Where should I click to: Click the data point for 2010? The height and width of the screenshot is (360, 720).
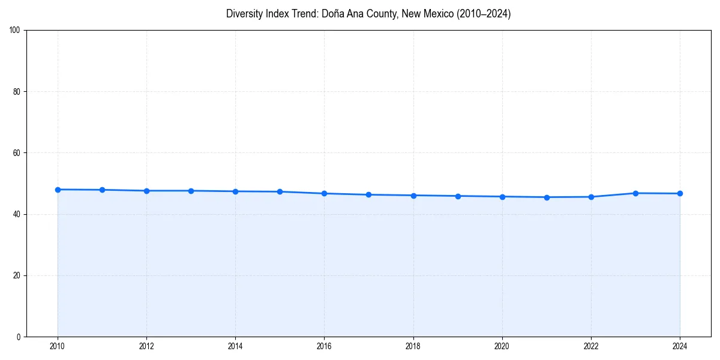pos(58,190)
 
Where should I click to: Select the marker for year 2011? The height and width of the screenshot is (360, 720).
pos(102,190)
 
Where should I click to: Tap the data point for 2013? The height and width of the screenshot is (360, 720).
pos(191,191)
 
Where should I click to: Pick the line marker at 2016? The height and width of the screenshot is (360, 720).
pos(324,193)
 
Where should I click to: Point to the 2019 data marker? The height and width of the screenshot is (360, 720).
pos(458,196)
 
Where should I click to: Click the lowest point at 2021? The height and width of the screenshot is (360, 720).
pos(547,197)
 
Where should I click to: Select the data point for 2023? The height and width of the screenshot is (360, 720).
pos(635,193)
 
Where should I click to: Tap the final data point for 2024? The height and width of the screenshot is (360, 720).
pos(680,193)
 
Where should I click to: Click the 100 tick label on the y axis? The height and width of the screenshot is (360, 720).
pos(16,31)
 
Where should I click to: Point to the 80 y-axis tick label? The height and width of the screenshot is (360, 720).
pos(17,92)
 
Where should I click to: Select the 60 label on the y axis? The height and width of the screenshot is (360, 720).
pos(17,153)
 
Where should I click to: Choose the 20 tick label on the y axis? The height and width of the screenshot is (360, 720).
pos(17,275)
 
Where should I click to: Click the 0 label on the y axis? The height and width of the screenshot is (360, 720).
pos(19,337)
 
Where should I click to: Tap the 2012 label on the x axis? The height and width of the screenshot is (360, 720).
pos(146,346)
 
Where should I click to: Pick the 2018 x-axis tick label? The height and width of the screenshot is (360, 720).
pos(413,346)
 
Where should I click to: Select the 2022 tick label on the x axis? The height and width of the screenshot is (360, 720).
pos(591,346)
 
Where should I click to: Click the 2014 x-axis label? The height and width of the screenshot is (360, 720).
pos(235,346)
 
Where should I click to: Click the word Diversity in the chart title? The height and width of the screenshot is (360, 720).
pos(245,14)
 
